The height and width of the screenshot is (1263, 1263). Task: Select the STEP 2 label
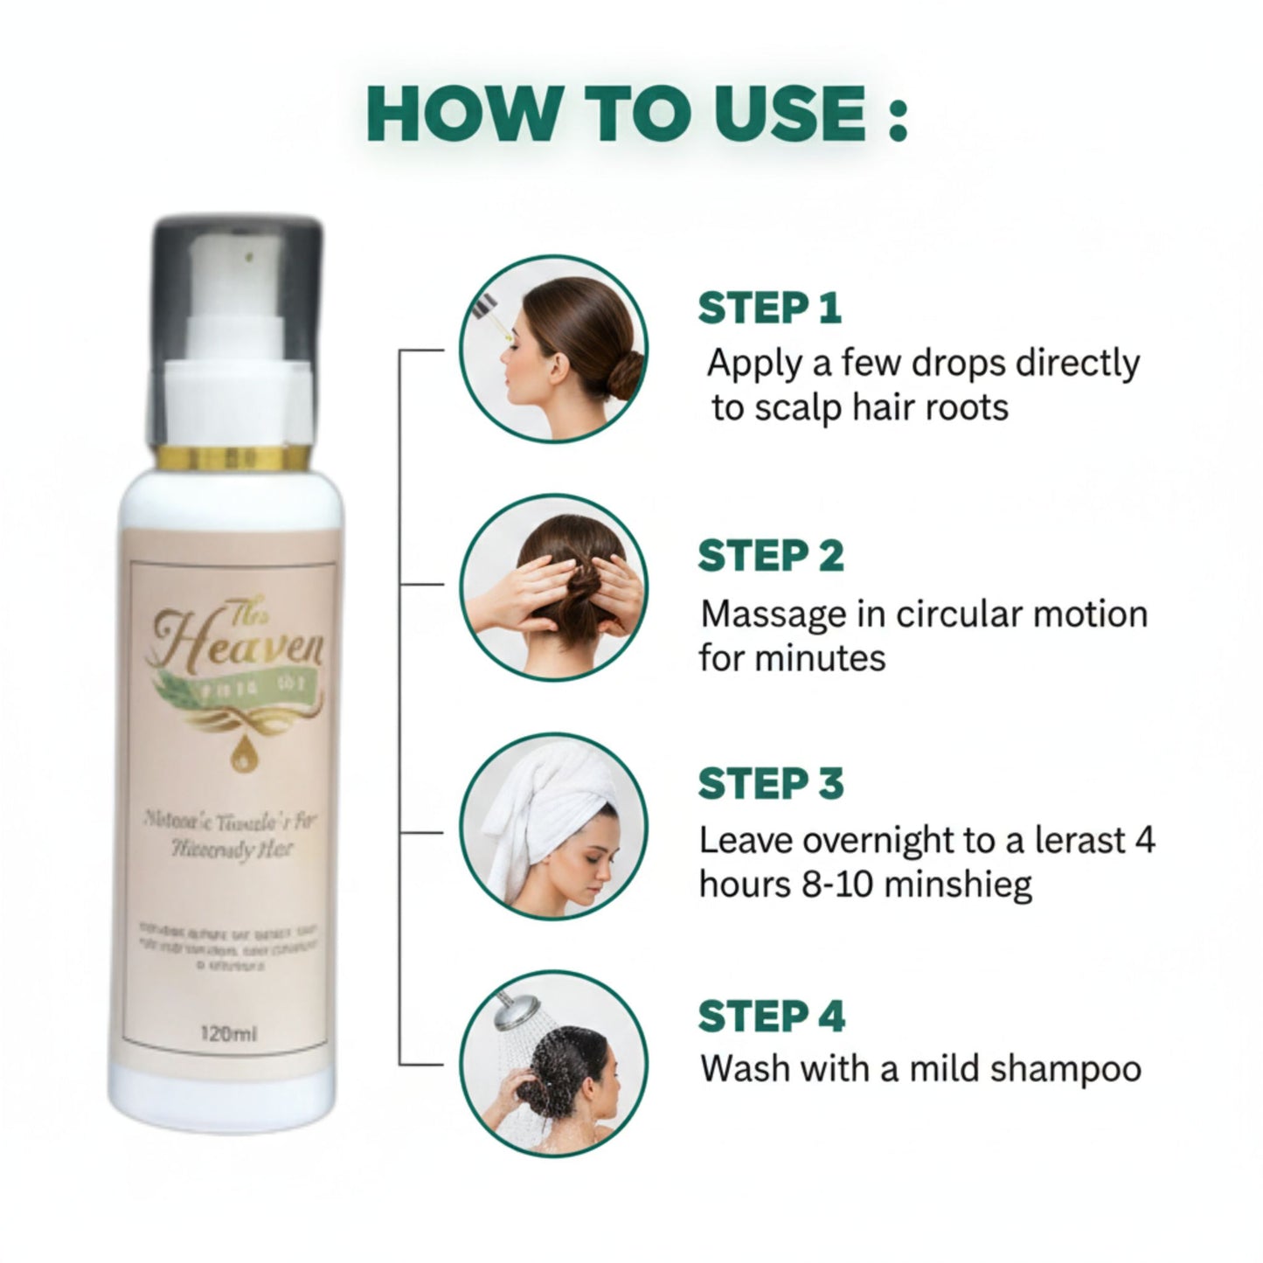[x=771, y=556]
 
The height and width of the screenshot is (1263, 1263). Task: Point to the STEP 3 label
[x=771, y=783]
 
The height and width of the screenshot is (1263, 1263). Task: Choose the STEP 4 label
[x=771, y=1017]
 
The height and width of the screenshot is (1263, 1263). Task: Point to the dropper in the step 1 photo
[x=487, y=316]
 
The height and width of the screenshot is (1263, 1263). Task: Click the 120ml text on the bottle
[x=228, y=1034]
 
